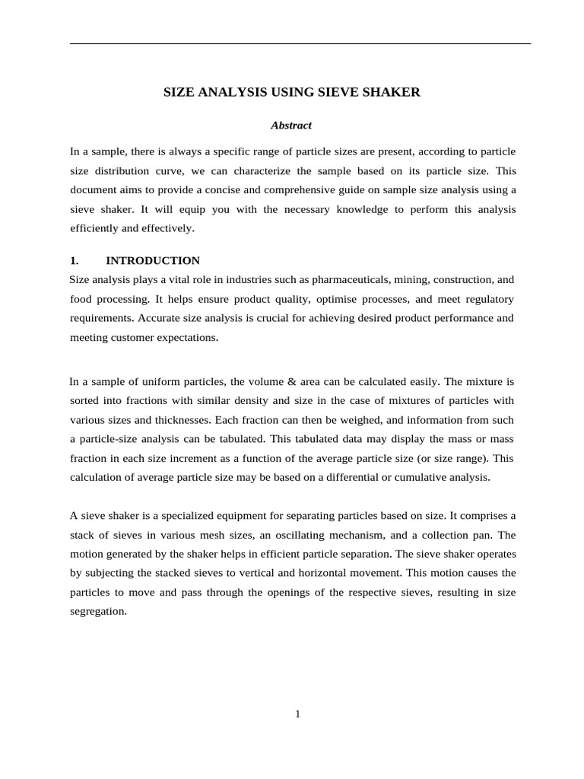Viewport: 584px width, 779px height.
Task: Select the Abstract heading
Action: coord(293,125)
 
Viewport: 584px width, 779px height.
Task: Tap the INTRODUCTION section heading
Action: coord(153,260)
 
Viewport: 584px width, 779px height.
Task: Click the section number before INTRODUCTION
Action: coord(75,260)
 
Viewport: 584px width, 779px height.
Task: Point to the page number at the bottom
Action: coord(298,714)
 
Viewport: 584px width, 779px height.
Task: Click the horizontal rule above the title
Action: coord(300,43)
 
